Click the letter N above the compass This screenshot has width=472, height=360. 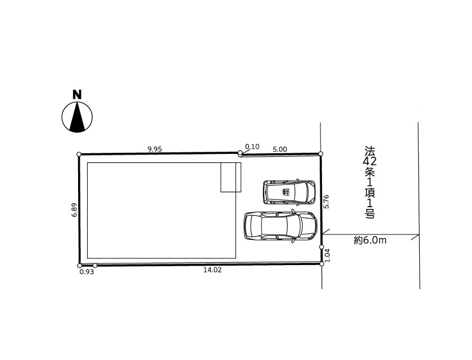click(77, 94)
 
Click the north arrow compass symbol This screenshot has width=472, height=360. click(77, 117)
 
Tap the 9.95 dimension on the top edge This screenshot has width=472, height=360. click(155, 149)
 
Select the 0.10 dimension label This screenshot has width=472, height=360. click(252, 147)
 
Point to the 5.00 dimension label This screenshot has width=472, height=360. click(280, 149)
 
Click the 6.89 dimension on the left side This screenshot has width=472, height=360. click(74, 210)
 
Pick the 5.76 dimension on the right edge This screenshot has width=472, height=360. click(326, 202)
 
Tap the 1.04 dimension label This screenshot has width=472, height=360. click(328, 256)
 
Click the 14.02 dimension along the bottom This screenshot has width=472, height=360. click(212, 270)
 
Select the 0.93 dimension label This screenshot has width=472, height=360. click(87, 272)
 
